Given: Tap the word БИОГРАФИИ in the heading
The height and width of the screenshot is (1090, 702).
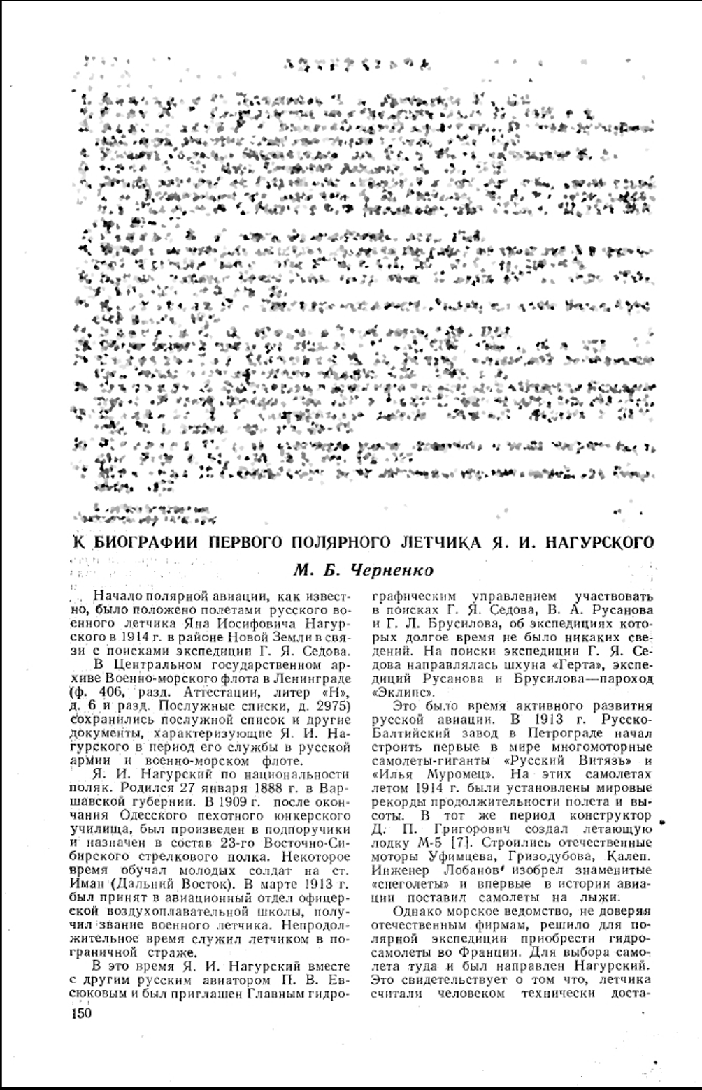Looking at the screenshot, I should point(143,543).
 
